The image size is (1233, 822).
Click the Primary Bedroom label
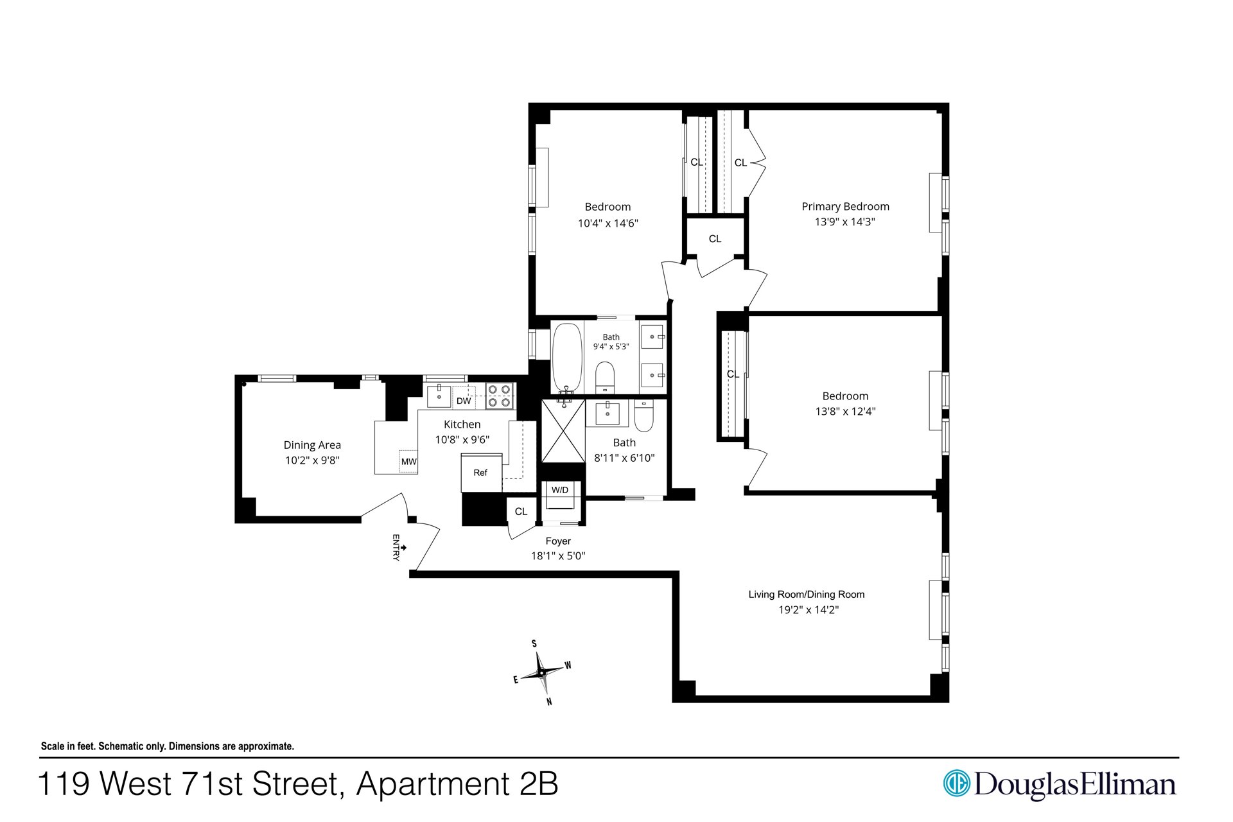[845, 206]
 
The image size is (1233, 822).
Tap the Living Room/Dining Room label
[807, 594]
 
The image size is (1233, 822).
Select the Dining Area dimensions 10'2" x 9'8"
[312, 460]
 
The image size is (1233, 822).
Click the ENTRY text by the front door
[396, 547]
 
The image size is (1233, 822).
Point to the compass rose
[543, 672]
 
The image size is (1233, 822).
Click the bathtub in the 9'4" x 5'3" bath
[567, 357]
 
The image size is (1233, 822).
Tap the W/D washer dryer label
[560, 490]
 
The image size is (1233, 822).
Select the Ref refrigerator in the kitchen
[481, 473]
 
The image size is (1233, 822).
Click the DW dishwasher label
[464, 401]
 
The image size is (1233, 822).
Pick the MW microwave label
[408, 462]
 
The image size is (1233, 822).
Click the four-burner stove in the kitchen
[500, 396]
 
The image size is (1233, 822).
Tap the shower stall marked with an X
[563, 431]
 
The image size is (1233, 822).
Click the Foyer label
[558, 541]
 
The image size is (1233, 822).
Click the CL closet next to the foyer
[521, 511]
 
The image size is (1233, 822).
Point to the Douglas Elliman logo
[1060, 784]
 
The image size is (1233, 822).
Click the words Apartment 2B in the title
[457, 784]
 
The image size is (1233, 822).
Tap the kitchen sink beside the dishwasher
[439, 396]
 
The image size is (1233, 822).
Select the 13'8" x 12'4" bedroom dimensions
[845, 411]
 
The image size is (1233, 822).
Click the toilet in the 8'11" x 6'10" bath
[643, 416]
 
